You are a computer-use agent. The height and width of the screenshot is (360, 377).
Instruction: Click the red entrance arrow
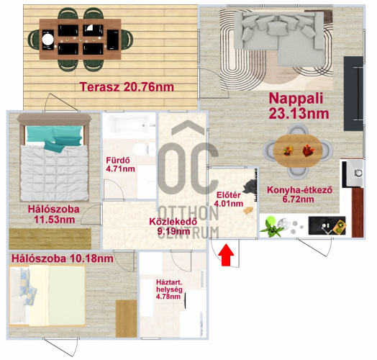227,255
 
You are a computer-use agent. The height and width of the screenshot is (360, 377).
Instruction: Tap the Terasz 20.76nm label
127,87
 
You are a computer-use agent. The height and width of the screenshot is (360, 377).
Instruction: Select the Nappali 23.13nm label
299,106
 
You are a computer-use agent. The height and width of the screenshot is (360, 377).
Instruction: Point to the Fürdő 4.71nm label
120,164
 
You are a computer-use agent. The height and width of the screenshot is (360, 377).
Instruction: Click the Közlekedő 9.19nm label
173,226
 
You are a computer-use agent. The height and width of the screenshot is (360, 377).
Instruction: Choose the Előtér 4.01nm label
228,199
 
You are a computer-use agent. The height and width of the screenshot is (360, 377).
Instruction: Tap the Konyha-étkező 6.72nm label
299,194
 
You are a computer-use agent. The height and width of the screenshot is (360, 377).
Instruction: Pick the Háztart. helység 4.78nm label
169,289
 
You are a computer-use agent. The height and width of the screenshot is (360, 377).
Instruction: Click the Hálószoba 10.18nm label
63,258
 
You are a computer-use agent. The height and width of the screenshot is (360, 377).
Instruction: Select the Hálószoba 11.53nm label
54,214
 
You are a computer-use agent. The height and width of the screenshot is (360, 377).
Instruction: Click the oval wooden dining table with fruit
298,151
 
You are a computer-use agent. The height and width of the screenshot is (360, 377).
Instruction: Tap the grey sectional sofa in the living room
279,37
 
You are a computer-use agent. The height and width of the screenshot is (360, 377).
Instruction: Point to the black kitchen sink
327,225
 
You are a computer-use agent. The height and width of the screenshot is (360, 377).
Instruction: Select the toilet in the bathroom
144,149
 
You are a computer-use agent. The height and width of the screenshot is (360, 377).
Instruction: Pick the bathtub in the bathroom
129,125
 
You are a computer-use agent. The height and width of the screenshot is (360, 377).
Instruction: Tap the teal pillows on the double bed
55,138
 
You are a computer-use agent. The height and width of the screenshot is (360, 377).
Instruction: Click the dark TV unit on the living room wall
353,94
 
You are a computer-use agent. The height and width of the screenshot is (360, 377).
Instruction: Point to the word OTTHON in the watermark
188,213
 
